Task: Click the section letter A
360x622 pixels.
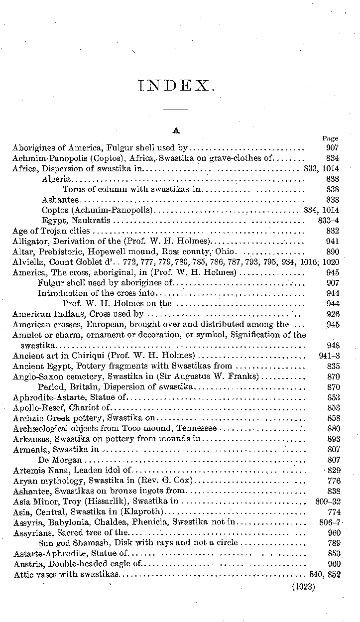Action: [175, 130]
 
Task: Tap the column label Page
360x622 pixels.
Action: [330, 138]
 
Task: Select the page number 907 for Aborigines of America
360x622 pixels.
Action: [332, 147]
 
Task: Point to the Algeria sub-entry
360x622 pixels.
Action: [56, 179]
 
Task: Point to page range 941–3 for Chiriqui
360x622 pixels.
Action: [329, 356]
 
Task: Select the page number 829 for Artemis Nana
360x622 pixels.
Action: [333, 471]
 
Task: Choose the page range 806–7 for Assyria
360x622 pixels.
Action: [329, 522]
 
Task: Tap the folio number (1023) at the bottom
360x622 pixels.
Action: [304, 586]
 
